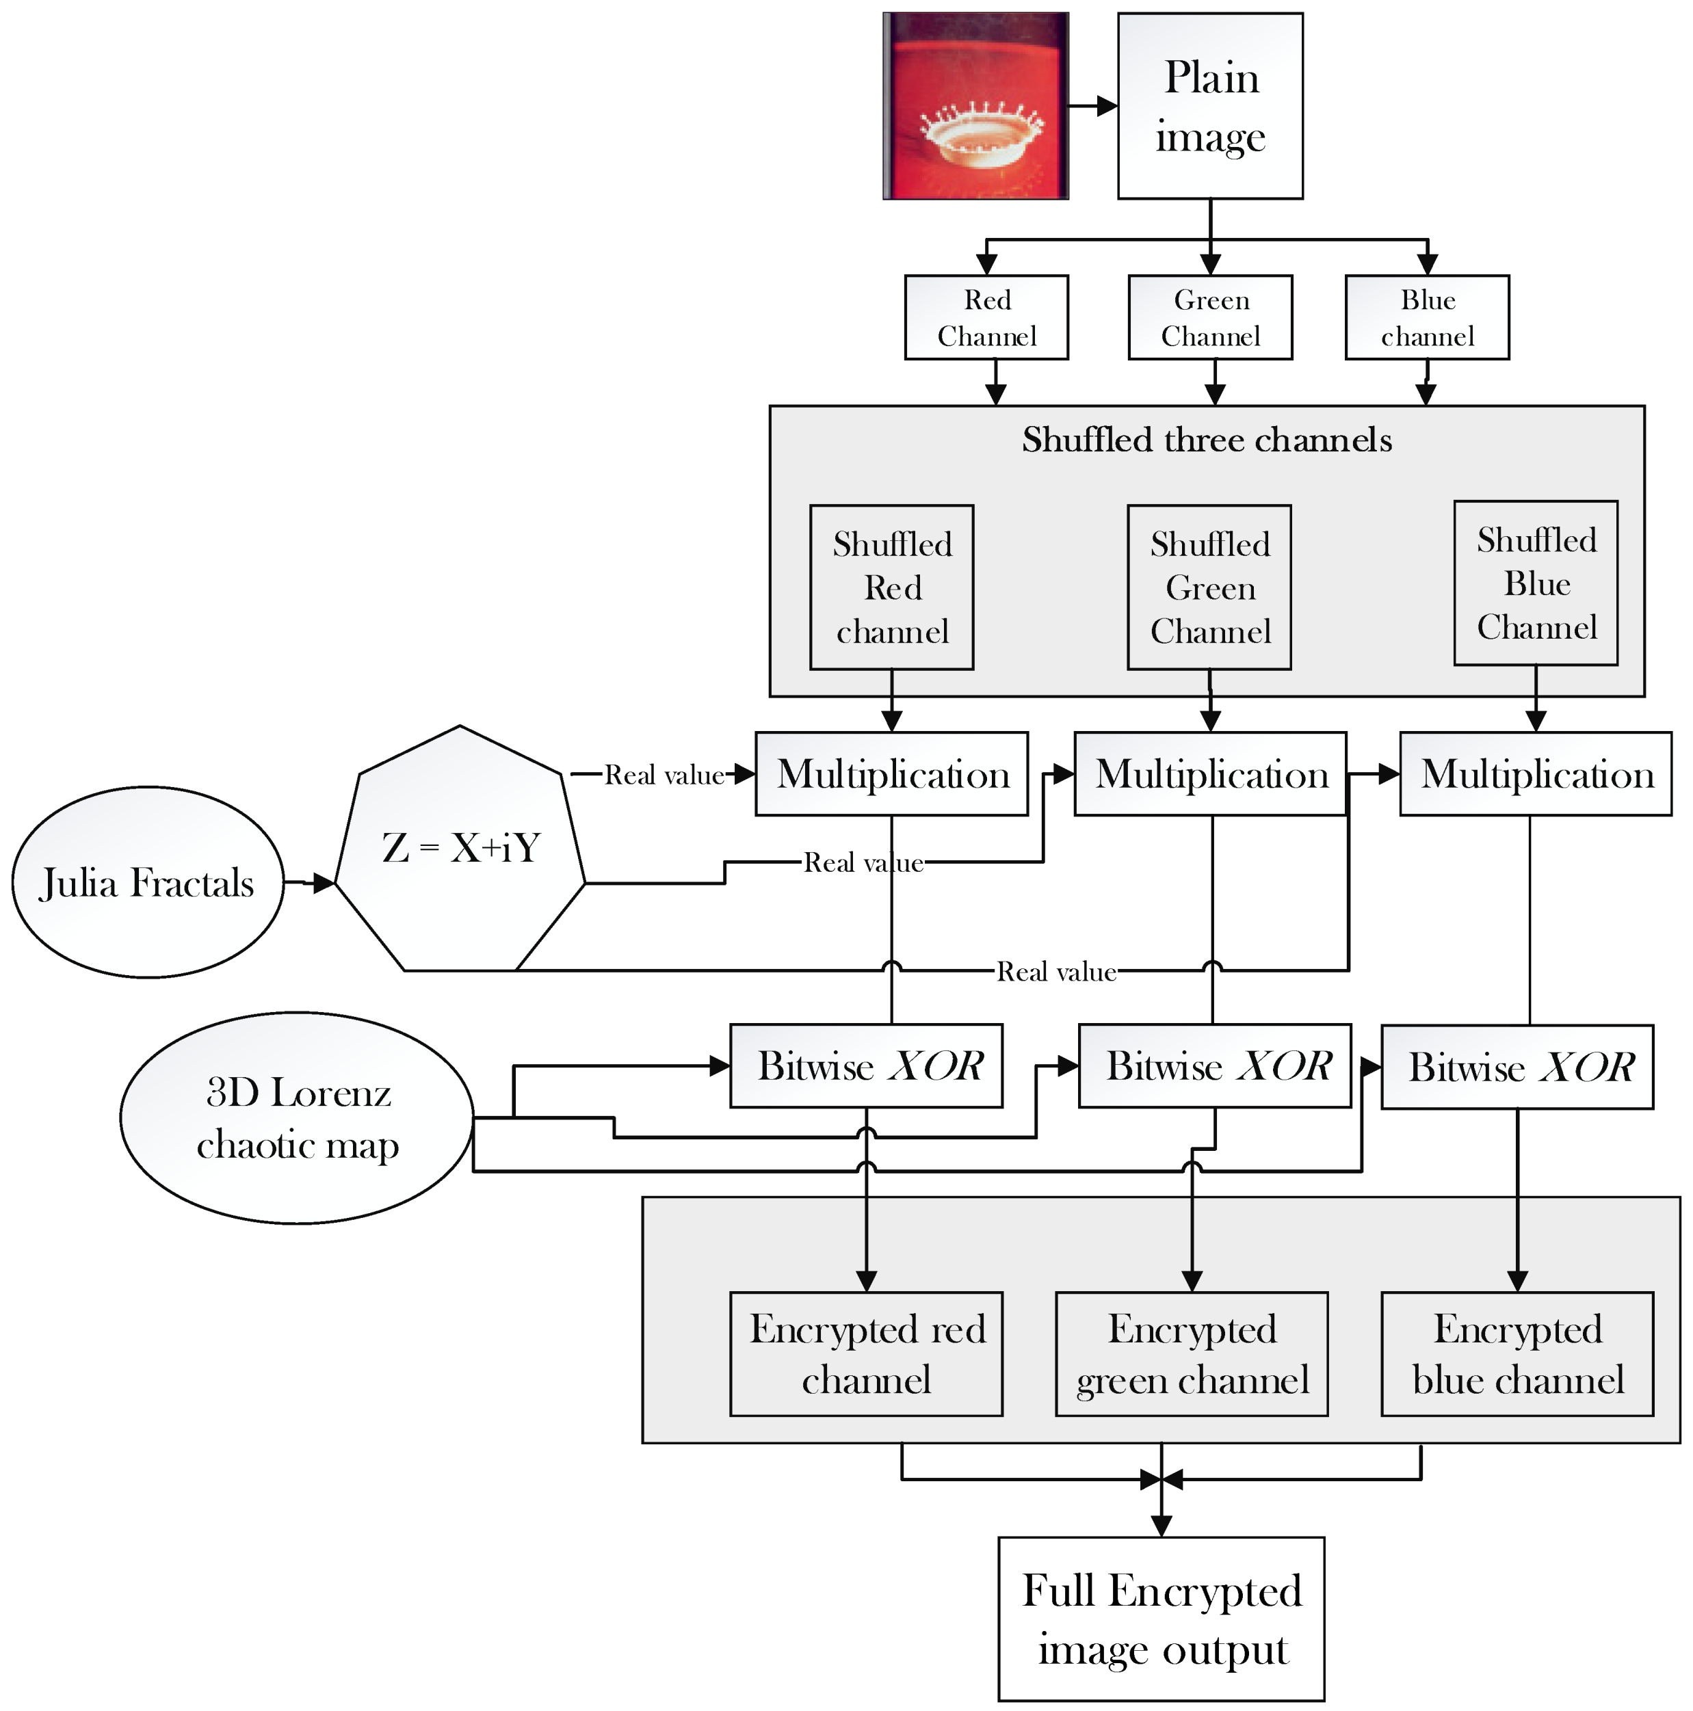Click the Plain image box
(1209, 105)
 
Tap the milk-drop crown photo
(975, 105)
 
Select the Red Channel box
(986, 317)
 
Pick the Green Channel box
(1209, 317)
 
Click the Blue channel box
(1426, 317)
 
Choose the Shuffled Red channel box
(891, 587)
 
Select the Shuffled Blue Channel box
(1535, 583)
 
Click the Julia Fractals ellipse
(148, 882)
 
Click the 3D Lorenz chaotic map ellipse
(297, 1117)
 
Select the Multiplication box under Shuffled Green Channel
(1210, 774)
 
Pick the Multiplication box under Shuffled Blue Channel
(1535, 774)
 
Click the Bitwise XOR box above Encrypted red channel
(867, 1065)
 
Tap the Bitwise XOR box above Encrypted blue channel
(1517, 1066)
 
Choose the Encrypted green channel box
(1192, 1354)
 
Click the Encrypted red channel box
(867, 1354)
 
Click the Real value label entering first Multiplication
(664, 775)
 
